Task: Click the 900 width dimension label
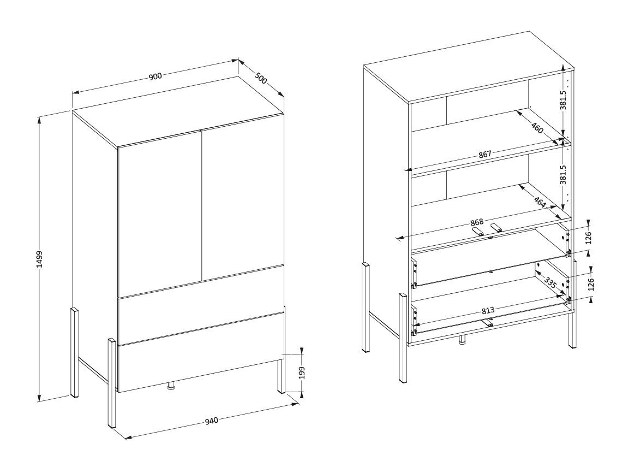coord(155,76)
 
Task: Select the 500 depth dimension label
coord(261,78)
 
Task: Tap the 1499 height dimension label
coord(39,259)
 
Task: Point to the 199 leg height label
coord(302,373)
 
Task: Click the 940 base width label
coord(212,420)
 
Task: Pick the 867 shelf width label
coord(485,155)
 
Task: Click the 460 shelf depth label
coord(537,128)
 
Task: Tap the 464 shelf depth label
coord(540,202)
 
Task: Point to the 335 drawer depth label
coord(550,283)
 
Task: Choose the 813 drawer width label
coord(488,310)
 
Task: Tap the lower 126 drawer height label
coord(591,285)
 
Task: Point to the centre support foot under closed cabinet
coord(171,386)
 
